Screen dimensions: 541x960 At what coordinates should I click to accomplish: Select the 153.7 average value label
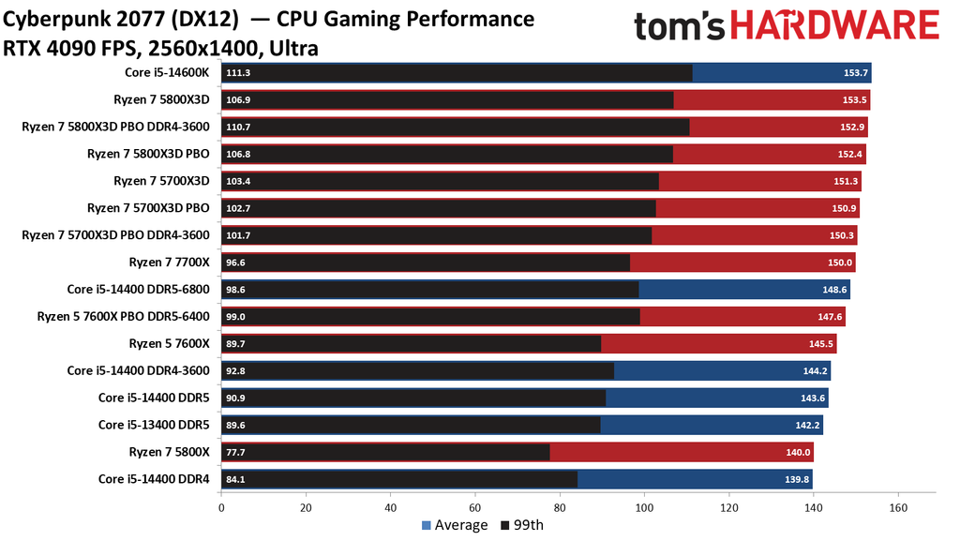click(x=855, y=73)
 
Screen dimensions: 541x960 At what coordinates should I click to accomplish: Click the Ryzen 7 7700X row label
click(x=169, y=263)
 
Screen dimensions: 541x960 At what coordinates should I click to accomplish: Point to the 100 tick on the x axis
click(x=644, y=508)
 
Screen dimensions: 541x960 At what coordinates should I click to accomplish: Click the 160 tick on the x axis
click(x=898, y=508)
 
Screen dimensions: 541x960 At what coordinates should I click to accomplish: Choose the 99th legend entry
click(x=523, y=525)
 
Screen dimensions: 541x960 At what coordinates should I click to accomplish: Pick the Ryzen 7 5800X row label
click(x=169, y=452)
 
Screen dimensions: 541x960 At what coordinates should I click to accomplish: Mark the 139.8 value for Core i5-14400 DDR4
click(x=797, y=479)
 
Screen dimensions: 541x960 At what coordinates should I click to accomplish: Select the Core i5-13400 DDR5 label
click(x=154, y=425)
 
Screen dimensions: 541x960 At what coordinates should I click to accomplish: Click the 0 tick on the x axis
click(x=221, y=508)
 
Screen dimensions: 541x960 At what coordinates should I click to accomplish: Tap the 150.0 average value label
click(x=839, y=263)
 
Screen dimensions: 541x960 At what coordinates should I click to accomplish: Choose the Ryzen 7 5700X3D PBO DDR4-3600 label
click(x=115, y=235)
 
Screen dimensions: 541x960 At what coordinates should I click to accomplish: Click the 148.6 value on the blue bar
click(x=833, y=290)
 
